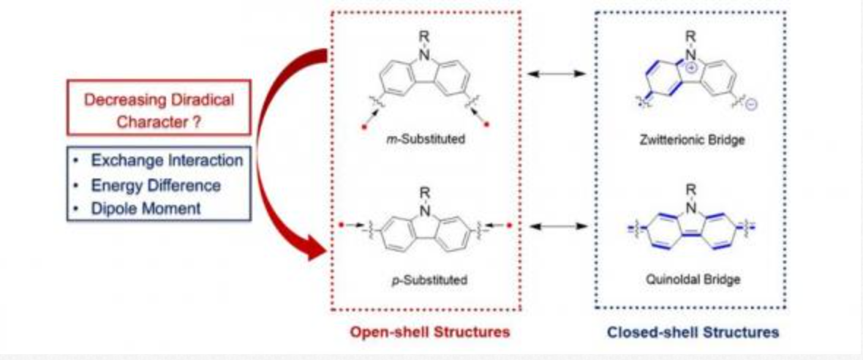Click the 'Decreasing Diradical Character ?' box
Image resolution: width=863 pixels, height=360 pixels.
(159, 108)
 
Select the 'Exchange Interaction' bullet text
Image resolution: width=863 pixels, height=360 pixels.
(167, 161)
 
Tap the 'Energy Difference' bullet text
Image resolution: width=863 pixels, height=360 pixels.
(156, 186)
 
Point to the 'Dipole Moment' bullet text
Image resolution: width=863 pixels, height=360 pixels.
(146, 209)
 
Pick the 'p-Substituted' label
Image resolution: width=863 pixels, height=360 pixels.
(426, 280)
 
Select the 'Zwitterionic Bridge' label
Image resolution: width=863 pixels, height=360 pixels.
(692, 140)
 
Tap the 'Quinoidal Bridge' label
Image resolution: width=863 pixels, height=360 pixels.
(693, 280)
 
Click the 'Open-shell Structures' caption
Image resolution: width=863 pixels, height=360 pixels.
(430, 332)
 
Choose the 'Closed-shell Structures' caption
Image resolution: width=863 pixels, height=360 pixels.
(693, 332)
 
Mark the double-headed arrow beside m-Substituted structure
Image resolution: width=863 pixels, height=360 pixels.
(557, 73)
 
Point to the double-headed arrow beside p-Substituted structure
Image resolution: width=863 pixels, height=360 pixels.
(558, 225)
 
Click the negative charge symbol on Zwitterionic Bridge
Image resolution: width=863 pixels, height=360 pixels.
(753, 104)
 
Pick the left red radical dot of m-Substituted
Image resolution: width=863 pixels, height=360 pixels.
(363, 128)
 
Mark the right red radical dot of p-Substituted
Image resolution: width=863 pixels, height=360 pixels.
(508, 225)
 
